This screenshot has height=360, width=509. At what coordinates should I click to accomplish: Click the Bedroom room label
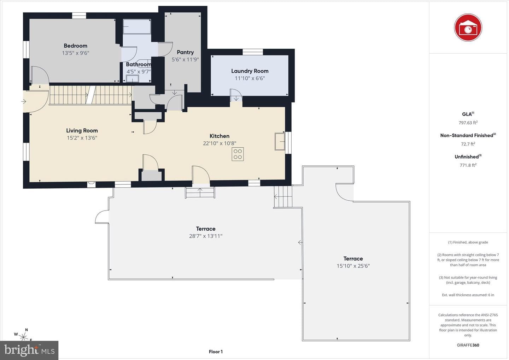(x=75, y=46)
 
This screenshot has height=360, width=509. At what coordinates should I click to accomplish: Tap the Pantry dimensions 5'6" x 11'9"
(x=185, y=59)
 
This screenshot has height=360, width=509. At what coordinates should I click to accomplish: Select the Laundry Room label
(x=250, y=71)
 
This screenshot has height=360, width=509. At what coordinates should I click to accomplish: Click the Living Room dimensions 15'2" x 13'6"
(x=82, y=138)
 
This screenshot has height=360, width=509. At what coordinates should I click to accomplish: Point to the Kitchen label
(x=219, y=136)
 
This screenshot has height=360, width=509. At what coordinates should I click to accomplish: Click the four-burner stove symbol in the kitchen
(x=238, y=154)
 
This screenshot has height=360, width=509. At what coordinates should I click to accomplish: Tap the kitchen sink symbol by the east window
(x=280, y=142)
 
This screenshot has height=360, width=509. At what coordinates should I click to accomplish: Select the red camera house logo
(x=468, y=28)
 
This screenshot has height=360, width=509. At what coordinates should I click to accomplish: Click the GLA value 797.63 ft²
(x=468, y=123)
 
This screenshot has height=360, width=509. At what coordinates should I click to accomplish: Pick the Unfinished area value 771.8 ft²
(x=468, y=165)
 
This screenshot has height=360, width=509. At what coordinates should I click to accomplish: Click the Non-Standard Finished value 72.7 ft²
(x=468, y=144)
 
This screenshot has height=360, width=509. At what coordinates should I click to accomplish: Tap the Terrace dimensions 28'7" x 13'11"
(x=206, y=236)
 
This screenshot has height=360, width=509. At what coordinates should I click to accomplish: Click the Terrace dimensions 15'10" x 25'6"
(x=353, y=266)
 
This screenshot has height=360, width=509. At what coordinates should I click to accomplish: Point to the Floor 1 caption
(x=216, y=352)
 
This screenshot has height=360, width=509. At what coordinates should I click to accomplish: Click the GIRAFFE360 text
(x=468, y=345)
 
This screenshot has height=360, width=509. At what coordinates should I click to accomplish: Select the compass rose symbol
(x=23, y=336)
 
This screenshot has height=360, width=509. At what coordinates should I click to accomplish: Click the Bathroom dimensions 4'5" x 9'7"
(x=139, y=72)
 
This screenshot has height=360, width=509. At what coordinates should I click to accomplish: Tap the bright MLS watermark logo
(x=29, y=350)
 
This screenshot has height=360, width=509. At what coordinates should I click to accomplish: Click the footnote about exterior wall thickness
(x=468, y=295)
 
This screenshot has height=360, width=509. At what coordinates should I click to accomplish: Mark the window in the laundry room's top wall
(x=253, y=52)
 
